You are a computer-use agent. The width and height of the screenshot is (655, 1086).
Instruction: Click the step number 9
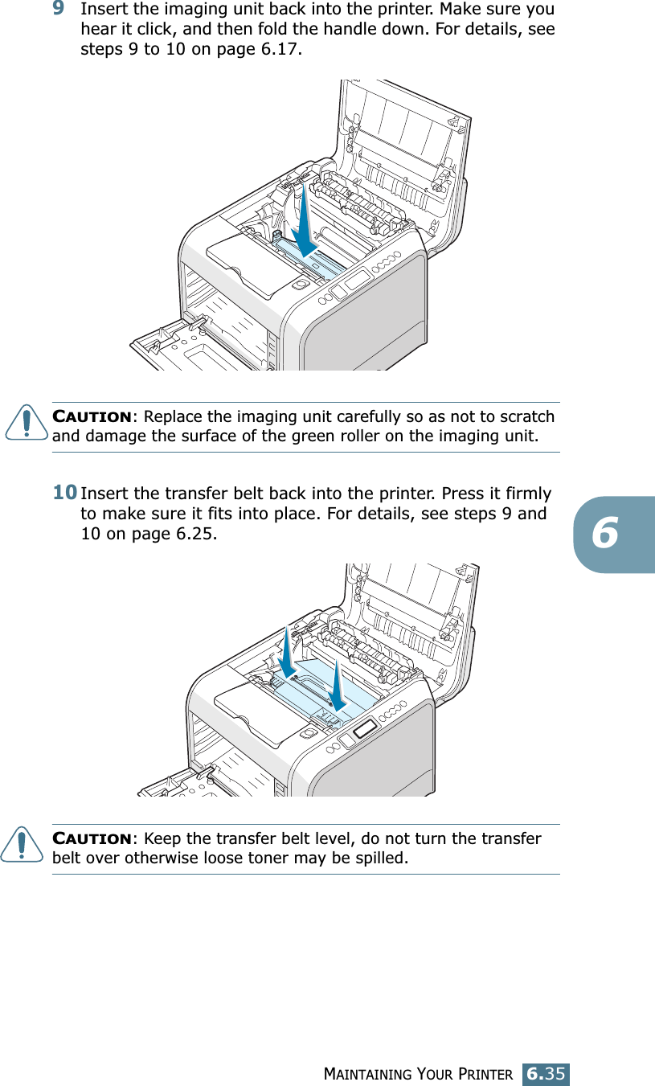pos(59,10)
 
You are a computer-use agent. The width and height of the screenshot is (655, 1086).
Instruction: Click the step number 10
pos(65,491)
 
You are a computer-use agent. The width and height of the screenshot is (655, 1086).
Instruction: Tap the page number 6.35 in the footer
pos(547,1073)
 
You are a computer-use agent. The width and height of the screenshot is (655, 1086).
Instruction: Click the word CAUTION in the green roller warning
pos(92,417)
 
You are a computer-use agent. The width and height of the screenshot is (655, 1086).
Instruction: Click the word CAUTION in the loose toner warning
pos(92,839)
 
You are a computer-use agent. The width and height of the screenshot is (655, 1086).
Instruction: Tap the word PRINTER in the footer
pos(486,1074)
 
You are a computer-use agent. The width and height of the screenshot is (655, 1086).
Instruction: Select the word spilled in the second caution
pos(380,859)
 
